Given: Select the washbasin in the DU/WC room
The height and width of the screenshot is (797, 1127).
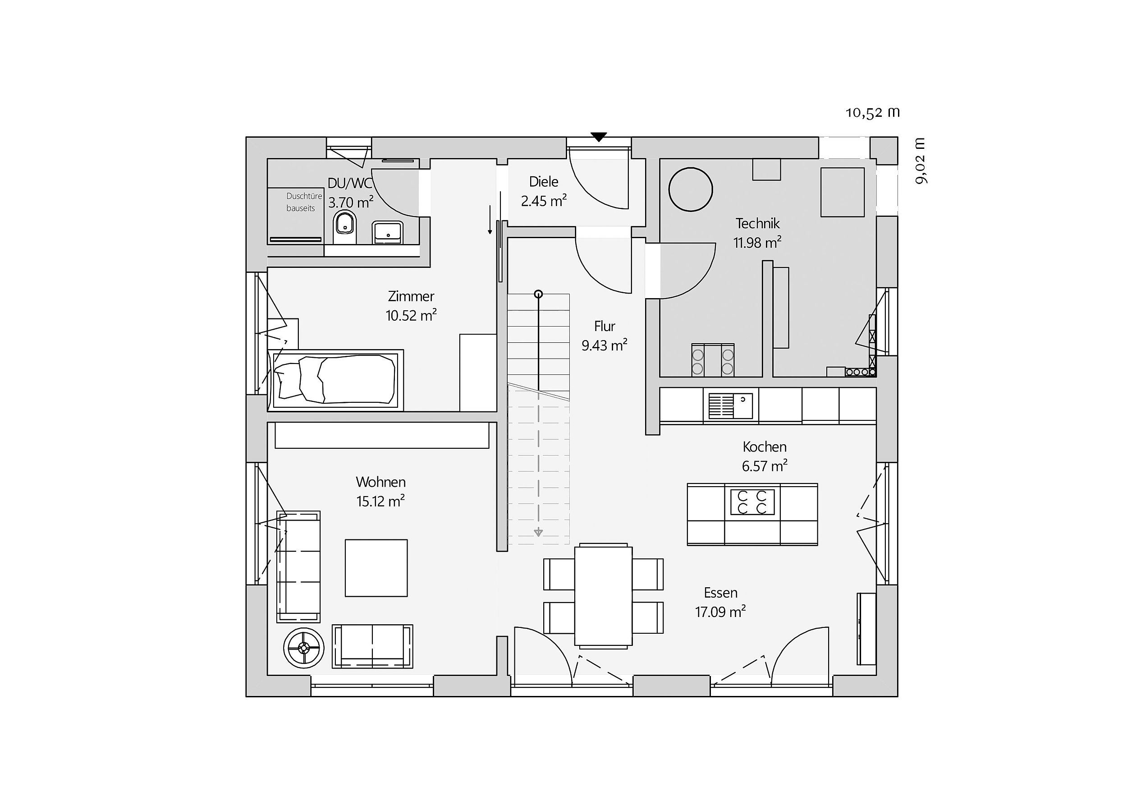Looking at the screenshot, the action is pos(387,232).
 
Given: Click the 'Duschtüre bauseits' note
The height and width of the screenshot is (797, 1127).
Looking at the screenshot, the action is pos(304,202).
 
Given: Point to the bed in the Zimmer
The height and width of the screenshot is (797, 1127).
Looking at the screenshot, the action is pos(335,380).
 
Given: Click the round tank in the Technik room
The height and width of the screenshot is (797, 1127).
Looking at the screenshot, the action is pos(691,189).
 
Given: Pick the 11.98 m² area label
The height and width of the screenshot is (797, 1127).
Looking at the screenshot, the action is pos(757,243).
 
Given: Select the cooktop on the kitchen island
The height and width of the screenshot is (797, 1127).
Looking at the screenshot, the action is pos(752,502).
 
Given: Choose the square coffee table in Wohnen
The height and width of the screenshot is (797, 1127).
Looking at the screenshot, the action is pos(376,568).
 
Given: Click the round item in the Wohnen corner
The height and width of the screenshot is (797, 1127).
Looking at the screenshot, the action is pos(304,648).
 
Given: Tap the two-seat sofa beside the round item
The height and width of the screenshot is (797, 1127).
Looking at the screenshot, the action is pos(372,646).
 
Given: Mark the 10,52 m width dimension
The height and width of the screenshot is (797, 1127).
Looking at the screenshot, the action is pos(872,112).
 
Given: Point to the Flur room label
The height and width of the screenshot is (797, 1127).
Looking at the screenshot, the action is pos(605,327).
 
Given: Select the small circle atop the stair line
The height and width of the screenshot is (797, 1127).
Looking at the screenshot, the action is pos(538,294).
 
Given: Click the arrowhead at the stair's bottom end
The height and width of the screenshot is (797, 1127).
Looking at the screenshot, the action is pos(538,532).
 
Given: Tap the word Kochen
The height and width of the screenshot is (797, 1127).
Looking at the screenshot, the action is pos(764,447).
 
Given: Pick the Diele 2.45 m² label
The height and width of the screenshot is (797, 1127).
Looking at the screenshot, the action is pos(544,191).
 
